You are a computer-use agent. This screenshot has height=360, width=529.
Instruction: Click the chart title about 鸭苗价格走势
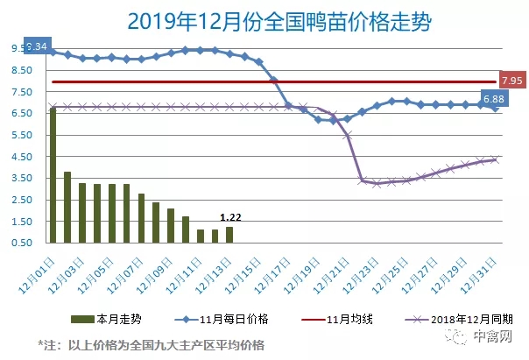click(264, 18)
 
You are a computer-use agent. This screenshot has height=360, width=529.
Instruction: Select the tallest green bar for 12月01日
click(53, 174)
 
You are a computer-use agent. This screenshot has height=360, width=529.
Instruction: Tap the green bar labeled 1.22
click(229, 234)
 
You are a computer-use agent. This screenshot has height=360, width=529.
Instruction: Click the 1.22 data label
click(229, 218)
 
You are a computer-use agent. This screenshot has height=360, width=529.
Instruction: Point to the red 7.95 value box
click(511, 80)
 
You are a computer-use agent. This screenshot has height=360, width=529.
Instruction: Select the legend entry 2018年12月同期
click(465, 320)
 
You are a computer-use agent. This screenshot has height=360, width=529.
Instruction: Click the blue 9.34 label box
click(38, 45)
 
